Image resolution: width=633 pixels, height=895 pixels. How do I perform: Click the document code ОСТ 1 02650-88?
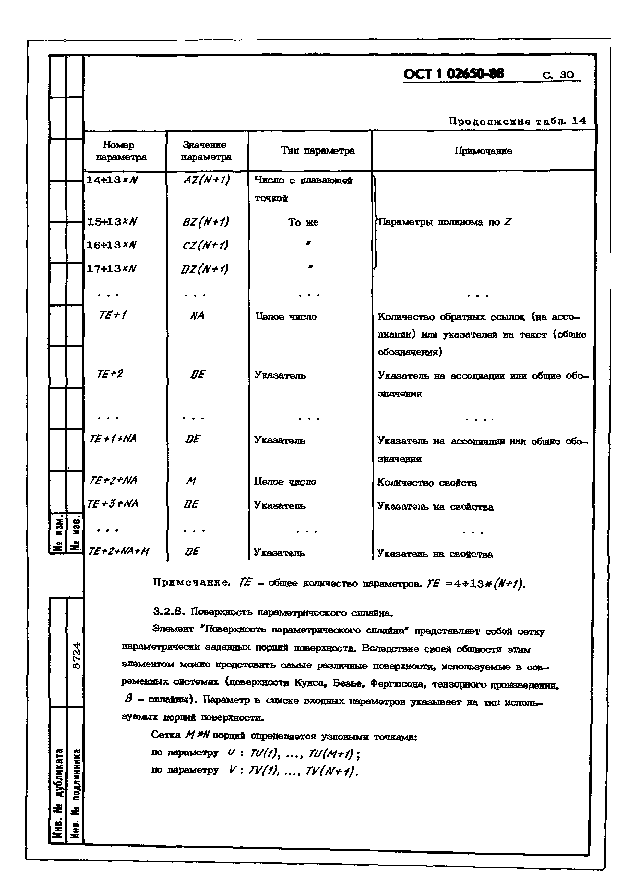coord(453,74)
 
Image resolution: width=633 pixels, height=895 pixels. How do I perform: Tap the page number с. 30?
coord(558,75)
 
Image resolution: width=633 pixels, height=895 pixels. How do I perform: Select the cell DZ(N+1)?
coord(205,269)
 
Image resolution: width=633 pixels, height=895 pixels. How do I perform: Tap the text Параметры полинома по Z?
coord(445,222)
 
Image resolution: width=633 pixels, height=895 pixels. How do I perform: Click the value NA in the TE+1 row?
coord(197,315)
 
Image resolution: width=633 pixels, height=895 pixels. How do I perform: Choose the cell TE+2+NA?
coord(113,480)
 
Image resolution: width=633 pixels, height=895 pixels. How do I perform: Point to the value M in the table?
coord(191,481)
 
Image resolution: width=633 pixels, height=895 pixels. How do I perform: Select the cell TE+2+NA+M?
coord(119,551)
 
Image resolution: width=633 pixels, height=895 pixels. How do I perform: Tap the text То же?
coord(303,222)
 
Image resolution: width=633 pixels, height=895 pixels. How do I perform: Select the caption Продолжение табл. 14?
coord(517,121)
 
